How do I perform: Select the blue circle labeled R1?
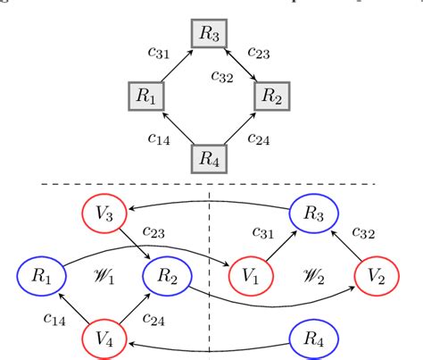[42, 275]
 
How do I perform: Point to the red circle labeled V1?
[255, 275]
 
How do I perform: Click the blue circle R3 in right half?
[313, 214]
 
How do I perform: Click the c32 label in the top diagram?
[223, 76]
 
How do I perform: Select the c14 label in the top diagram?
[160, 138]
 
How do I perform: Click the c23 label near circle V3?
[160, 233]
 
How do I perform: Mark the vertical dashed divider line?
[210, 268]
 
